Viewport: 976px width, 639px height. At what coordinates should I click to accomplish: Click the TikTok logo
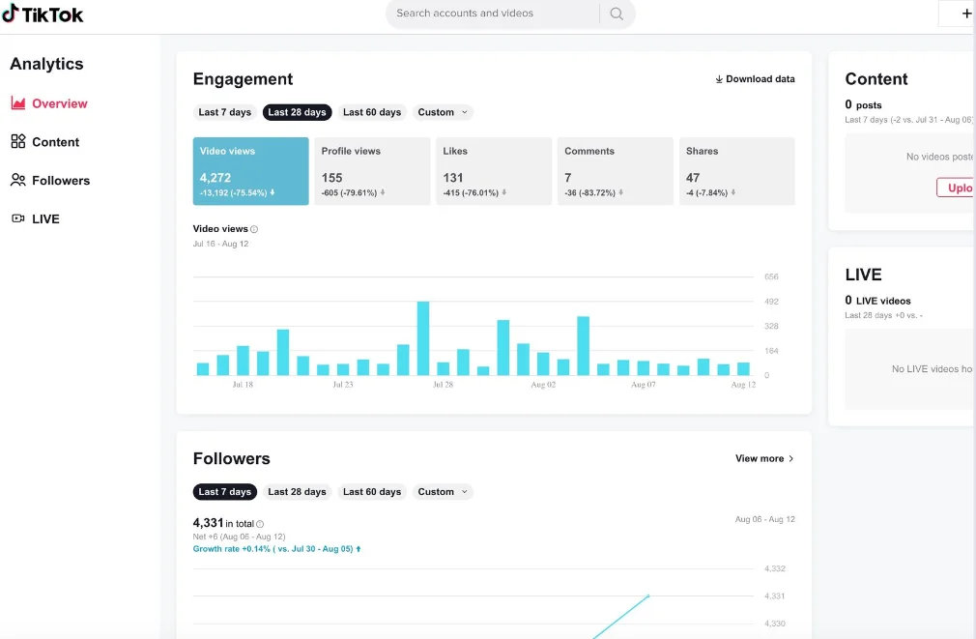point(43,14)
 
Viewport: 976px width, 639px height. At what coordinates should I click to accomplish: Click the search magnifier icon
point(617,14)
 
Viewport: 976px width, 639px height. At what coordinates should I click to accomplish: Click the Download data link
point(755,79)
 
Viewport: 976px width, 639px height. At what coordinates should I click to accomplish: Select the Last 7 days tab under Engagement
point(224,112)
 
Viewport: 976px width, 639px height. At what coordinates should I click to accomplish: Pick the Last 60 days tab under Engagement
point(372,112)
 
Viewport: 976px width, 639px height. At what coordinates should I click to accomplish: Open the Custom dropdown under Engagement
point(443,112)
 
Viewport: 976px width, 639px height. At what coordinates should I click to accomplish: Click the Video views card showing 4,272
point(250,171)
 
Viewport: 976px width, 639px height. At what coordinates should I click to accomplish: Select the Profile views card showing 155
point(372,171)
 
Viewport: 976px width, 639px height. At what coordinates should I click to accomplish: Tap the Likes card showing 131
point(493,171)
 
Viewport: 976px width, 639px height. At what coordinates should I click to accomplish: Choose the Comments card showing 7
point(615,171)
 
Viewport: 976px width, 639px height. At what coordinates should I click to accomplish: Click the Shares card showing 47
point(736,171)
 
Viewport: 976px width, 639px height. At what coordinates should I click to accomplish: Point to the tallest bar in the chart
point(423,338)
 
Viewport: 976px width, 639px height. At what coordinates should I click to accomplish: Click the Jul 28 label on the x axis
point(443,385)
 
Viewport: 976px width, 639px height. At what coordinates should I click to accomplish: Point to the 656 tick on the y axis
point(771,277)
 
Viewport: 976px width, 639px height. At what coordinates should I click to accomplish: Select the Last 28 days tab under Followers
point(297,492)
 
